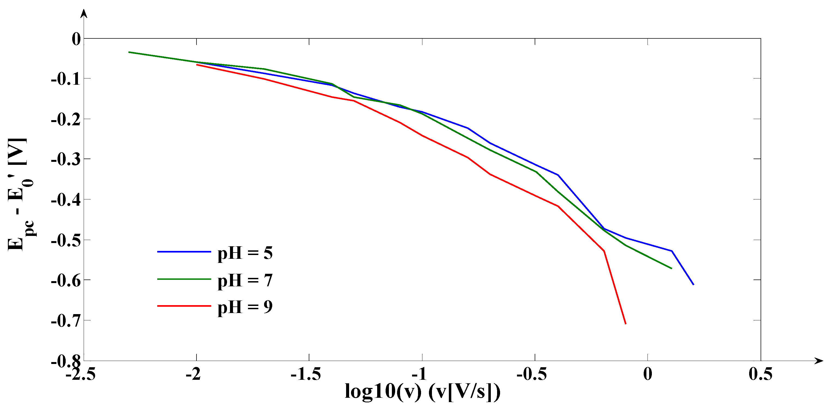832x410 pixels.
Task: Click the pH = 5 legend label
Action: [x=245, y=253]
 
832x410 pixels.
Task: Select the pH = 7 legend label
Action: [x=245, y=281]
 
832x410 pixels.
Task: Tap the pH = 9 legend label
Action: [x=245, y=307]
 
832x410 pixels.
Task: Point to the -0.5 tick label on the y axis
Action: [x=66, y=241]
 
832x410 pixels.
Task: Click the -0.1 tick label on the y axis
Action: [x=66, y=79]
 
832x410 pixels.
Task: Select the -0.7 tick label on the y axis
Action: [x=66, y=321]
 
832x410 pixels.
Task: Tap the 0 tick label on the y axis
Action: [x=76, y=40]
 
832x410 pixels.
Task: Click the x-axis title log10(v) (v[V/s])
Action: [x=422, y=391]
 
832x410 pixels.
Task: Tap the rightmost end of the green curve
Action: [x=671, y=268]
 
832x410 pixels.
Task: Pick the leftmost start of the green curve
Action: [x=129, y=52]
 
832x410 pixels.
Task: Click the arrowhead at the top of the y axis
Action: [x=84, y=13]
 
